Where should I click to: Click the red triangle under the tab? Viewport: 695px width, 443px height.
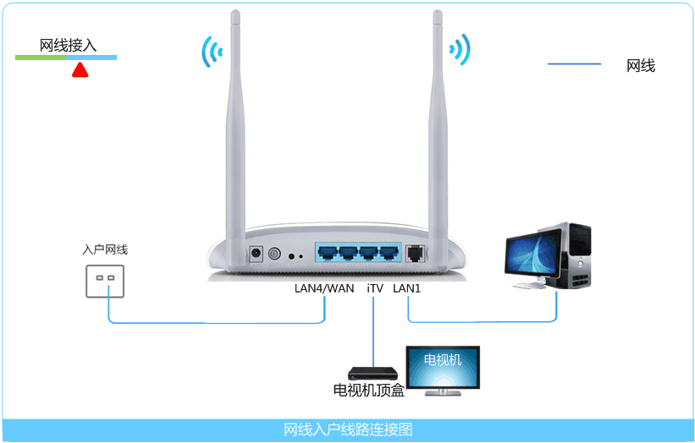[80, 71]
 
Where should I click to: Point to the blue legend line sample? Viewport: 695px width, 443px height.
[574, 64]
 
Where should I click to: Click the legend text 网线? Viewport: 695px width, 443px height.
[641, 65]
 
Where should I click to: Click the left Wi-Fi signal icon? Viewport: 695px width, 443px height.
[211, 52]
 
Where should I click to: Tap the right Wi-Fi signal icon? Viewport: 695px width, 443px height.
[460, 50]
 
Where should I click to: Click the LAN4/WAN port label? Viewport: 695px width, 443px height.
[324, 288]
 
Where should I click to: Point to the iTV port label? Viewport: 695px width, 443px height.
[375, 288]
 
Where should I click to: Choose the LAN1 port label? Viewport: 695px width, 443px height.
[407, 288]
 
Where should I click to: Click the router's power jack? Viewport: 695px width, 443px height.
[256, 253]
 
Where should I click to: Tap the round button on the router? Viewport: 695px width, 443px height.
[274, 253]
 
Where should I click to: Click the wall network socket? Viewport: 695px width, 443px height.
[105, 279]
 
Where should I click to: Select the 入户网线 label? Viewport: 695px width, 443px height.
[105, 249]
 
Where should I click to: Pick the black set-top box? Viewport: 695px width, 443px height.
[372, 373]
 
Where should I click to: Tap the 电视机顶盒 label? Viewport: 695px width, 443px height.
[368, 391]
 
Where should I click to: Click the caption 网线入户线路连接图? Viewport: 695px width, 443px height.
[348, 430]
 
